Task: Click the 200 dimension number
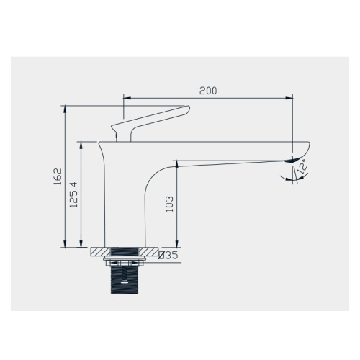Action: pyautogui.click(x=208, y=91)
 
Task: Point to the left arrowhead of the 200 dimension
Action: pyautogui.click(x=127, y=96)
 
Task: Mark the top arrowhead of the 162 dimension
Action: pyautogui.click(x=66, y=109)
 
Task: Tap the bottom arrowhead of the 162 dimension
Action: pyautogui.click(x=66, y=246)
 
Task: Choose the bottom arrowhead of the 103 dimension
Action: pyautogui.click(x=176, y=246)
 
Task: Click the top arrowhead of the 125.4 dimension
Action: pyautogui.click(x=81, y=143)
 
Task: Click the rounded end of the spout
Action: pyautogui.click(x=305, y=148)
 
